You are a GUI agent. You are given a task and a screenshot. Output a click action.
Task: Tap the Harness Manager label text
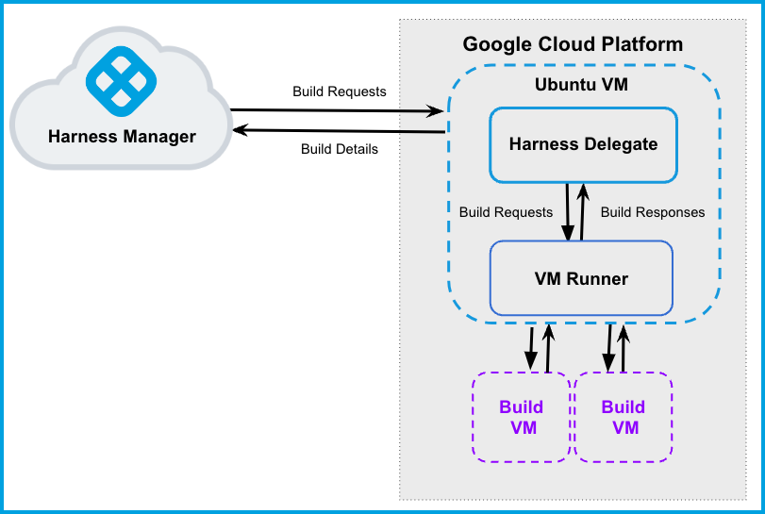click(122, 137)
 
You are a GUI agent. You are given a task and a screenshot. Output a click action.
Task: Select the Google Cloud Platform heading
click(573, 44)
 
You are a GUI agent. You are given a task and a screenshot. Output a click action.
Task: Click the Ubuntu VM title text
click(581, 85)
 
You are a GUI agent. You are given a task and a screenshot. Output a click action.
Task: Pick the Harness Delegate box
click(583, 144)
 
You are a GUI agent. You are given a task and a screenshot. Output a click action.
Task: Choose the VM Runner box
click(581, 278)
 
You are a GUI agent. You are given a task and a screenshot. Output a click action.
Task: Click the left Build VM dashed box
click(522, 417)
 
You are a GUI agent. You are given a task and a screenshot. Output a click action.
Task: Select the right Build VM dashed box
click(624, 417)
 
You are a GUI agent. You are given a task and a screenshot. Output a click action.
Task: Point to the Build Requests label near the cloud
click(339, 91)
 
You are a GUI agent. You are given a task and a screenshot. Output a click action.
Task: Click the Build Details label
click(339, 149)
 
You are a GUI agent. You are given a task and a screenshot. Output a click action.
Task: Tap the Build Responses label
click(653, 212)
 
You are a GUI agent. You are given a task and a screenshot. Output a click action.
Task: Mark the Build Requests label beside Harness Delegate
click(505, 212)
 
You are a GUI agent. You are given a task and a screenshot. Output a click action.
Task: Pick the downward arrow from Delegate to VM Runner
click(569, 212)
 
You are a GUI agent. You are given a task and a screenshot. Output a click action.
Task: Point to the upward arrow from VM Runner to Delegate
click(583, 212)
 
